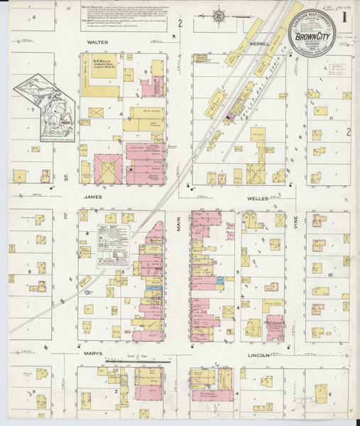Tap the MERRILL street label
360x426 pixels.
point(259,43)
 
